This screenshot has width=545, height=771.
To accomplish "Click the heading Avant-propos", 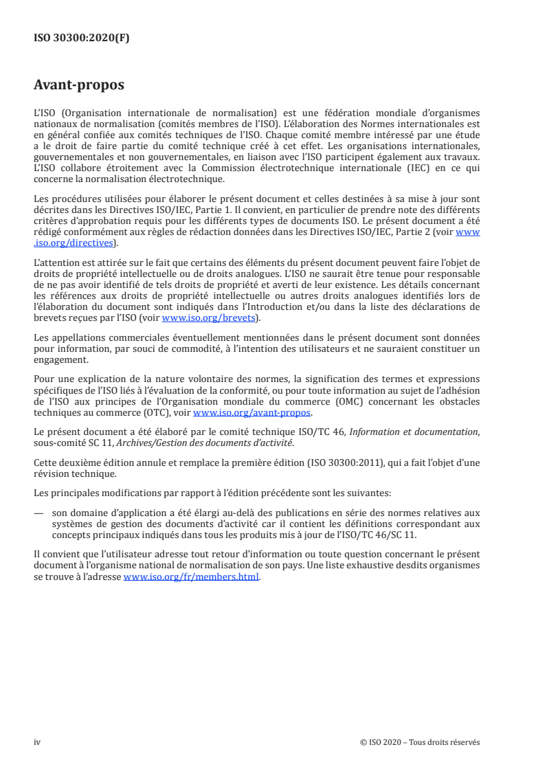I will (x=79, y=85).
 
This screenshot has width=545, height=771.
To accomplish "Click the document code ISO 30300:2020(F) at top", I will (x=81, y=38).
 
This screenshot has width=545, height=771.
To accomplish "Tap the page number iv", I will (x=37, y=742).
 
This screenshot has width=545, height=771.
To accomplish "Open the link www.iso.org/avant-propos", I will (x=252, y=413).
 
